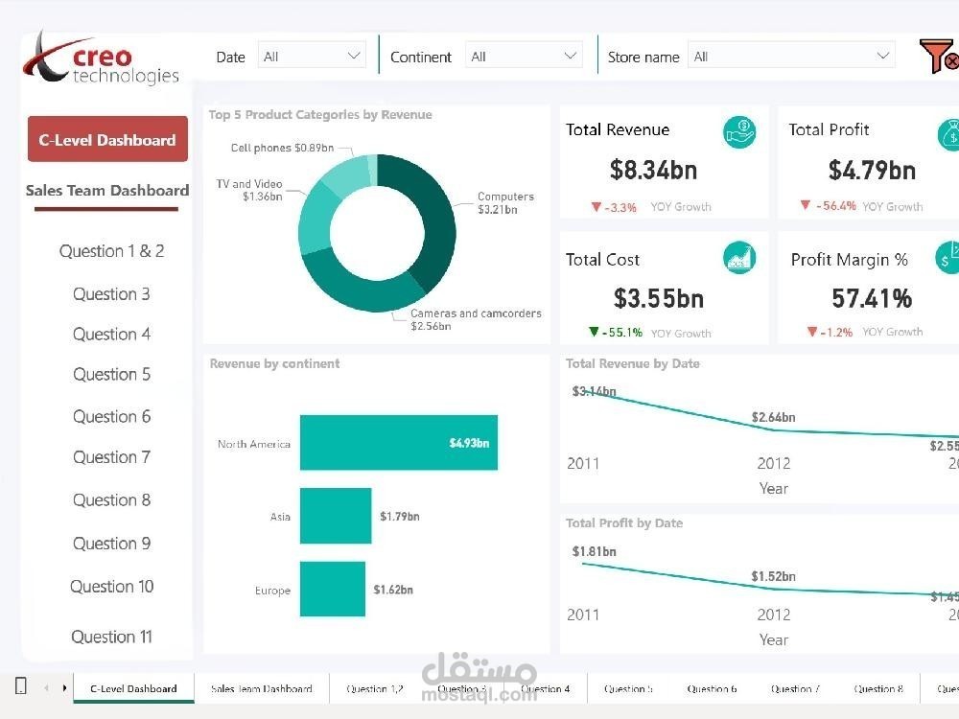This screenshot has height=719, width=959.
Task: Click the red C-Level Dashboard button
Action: pyautogui.click(x=107, y=140)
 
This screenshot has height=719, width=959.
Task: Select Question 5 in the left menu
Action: pyautogui.click(x=111, y=375)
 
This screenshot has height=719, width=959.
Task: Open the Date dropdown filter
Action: pyautogui.click(x=312, y=57)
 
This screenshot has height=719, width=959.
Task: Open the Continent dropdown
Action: pyautogui.click(x=525, y=57)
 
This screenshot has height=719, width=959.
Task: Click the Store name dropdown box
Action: pyautogui.click(x=791, y=57)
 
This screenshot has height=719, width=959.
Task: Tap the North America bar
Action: pyautogui.click(x=398, y=443)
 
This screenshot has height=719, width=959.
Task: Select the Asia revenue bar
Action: pyautogui.click(x=335, y=517)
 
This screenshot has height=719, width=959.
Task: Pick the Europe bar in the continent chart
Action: pyautogui.click(x=332, y=590)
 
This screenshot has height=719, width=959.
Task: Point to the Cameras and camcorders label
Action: pyautogui.click(x=476, y=313)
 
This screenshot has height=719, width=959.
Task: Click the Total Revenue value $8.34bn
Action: pyautogui.click(x=653, y=171)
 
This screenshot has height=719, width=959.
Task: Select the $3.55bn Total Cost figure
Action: pyautogui.click(x=659, y=299)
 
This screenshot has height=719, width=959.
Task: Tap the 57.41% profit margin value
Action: pyautogui.click(x=871, y=299)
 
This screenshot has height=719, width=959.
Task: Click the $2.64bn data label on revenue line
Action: pyautogui.click(x=773, y=417)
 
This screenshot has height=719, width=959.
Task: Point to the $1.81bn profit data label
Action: pyautogui.click(x=594, y=551)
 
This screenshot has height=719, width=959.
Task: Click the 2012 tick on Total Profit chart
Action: pyautogui.click(x=773, y=615)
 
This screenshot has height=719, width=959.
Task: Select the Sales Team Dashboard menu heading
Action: pyautogui.click(x=107, y=191)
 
